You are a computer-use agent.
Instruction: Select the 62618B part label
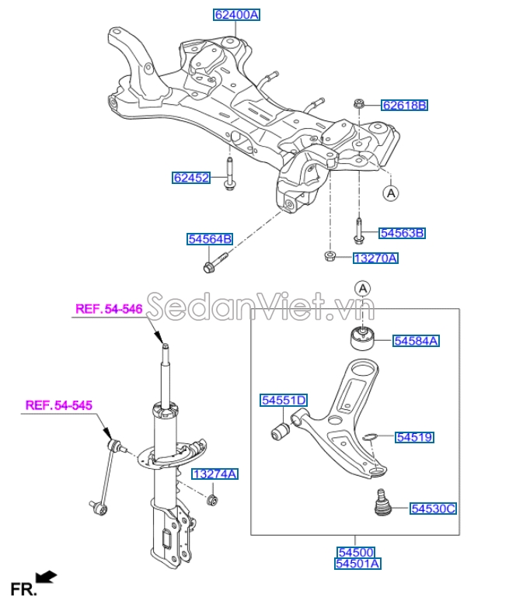[404, 105]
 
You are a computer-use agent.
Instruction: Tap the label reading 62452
[191, 178]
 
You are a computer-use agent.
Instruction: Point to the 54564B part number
[209, 239]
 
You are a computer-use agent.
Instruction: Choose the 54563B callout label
[402, 233]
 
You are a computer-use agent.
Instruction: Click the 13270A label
[375, 258]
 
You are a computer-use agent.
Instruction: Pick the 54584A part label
[416, 340]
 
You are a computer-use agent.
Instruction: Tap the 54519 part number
[414, 438]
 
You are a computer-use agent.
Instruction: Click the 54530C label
[433, 509]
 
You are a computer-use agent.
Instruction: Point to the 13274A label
[215, 474]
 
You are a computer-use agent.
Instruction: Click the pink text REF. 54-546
[109, 309]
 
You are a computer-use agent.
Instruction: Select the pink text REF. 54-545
[59, 404]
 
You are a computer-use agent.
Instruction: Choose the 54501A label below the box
[357, 564]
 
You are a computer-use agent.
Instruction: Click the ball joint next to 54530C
[381, 502]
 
